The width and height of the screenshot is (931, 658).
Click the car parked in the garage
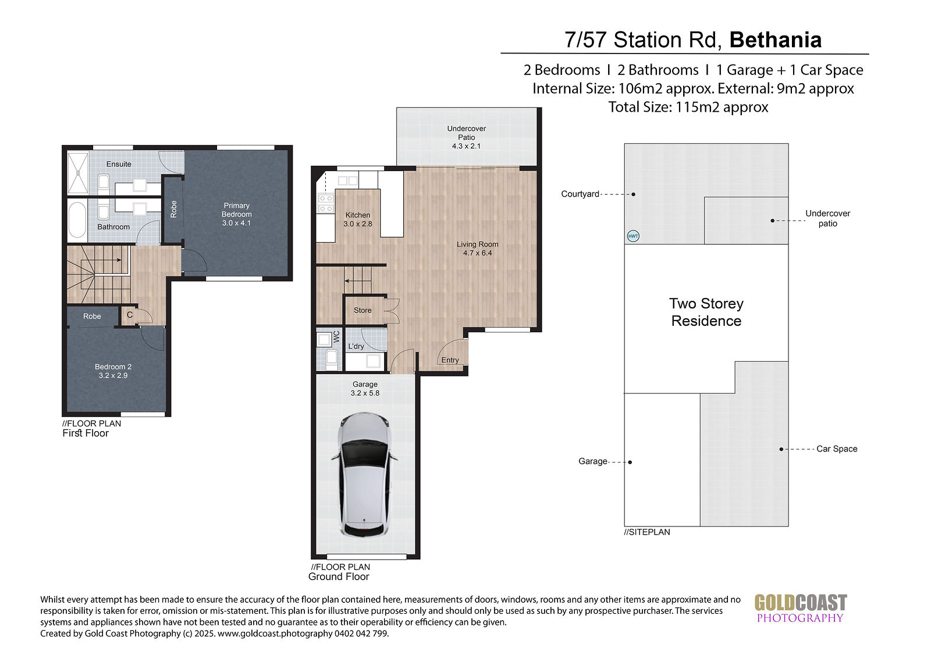pyautogui.click(x=364, y=475)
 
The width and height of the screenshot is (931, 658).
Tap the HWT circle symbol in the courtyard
pyautogui.click(x=633, y=236)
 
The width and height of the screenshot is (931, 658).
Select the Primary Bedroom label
pyautogui.click(x=236, y=214)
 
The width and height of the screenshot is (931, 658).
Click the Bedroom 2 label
pyautogui.click(x=113, y=371)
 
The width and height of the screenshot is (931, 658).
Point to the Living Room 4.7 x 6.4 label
pyautogui.click(x=477, y=248)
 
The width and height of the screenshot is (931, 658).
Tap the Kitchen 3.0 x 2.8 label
pyautogui.click(x=358, y=219)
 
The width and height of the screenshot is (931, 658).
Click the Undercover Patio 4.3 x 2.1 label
pyautogui.click(x=466, y=137)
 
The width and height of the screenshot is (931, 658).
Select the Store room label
pyautogui.click(x=363, y=310)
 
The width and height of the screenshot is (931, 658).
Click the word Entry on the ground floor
pyautogui.click(x=450, y=360)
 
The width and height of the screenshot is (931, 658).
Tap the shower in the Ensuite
pyautogui.click(x=78, y=173)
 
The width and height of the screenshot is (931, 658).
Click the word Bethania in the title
pyautogui.click(x=776, y=40)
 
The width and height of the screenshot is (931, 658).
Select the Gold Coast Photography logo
pyautogui.click(x=801, y=609)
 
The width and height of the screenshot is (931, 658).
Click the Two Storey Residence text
pyautogui.click(x=706, y=312)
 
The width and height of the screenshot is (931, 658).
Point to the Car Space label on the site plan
pyautogui.click(x=837, y=449)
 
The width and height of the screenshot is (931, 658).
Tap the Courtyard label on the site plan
pyautogui.click(x=580, y=194)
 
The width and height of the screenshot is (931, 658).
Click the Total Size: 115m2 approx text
pyautogui.click(x=688, y=107)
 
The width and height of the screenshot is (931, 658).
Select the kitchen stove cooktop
pyautogui.click(x=326, y=204)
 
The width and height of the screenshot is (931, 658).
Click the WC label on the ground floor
pyautogui.click(x=337, y=336)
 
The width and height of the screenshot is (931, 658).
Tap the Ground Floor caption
pyautogui.click(x=338, y=577)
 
